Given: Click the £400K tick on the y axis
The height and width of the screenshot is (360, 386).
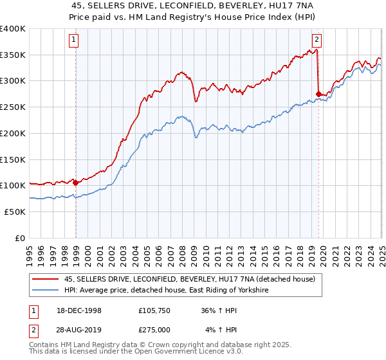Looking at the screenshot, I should pos(13,29).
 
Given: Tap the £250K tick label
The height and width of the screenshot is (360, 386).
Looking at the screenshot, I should pos(13,107).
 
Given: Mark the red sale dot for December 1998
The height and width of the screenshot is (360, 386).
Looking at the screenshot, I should pos(76,182).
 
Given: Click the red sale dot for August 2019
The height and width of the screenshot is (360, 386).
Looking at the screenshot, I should pos(318,94).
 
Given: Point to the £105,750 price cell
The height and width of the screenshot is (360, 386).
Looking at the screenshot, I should pos(151,310).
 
